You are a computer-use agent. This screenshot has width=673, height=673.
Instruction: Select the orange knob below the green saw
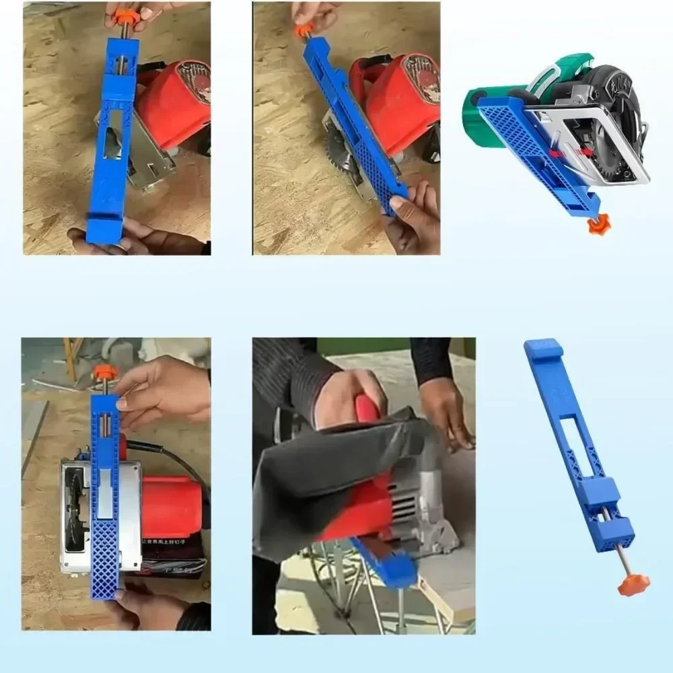(x=598, y=224)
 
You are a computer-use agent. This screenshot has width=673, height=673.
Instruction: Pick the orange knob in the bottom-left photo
(x=105, y=372)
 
